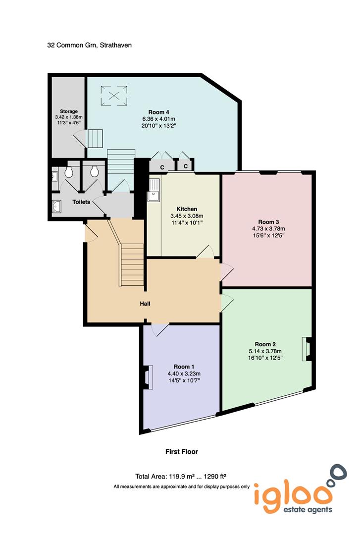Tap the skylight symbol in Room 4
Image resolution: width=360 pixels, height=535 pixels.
pyautogui.click(x=114, y=95)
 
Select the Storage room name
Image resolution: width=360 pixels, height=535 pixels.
pyautogui.click(x=68, y=111)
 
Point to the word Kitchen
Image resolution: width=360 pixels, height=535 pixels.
pyautogui.click(x=187, y=209)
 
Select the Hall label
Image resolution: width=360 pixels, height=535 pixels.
pyautogui.click(x=145, y=304)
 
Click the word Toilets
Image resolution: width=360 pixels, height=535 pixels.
pyautogui.click(x=81, y=202)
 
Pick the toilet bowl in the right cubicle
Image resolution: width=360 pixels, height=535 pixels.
pyautogui.click(x=94, y=171)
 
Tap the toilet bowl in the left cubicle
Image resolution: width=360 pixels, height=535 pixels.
pyautogui.click(x=69, y=171)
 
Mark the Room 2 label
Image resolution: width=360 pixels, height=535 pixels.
pyautogui.click(x=265, y=344)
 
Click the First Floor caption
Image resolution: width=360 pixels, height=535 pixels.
pyautogui.click(x=182, y=452)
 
